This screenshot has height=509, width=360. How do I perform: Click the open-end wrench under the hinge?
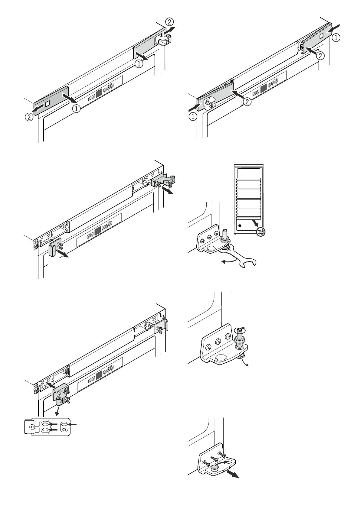point(239,254)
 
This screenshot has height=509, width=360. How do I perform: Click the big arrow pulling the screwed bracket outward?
point(232,475)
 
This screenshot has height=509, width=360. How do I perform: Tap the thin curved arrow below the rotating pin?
point(245,362)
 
